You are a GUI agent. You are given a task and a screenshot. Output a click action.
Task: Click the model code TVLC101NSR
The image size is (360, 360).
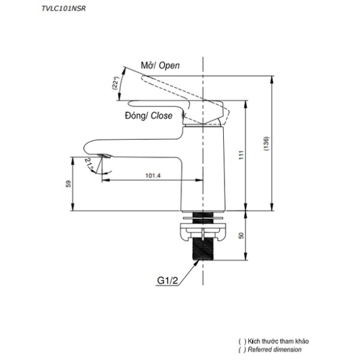[64, 9]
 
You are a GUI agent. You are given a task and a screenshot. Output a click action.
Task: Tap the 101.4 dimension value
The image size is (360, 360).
[153, 175]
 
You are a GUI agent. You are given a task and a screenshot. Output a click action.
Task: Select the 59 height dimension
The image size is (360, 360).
[69, 184]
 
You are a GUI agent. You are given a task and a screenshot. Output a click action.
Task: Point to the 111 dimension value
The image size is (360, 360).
[241, 155]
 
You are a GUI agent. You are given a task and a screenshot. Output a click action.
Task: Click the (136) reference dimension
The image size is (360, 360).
[266, 144]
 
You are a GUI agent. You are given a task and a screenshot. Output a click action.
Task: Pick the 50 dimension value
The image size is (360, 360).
[241, 236]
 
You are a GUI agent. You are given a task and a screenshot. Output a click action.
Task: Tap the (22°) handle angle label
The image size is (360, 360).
[116, 83]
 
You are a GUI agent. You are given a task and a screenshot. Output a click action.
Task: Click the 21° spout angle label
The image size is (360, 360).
[89, 164]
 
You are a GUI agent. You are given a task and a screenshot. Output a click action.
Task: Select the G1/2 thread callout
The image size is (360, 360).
[167, 280]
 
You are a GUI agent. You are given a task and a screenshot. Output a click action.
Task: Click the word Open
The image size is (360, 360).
[169, 66]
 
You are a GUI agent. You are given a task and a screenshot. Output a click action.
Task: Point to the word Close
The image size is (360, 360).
[161, 115]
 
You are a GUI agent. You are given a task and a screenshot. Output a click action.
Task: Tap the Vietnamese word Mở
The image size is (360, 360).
[147, 66]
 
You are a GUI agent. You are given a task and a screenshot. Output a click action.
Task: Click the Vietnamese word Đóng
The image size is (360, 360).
[135, 116]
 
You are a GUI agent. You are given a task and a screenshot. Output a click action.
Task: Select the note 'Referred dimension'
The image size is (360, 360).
[275, 350]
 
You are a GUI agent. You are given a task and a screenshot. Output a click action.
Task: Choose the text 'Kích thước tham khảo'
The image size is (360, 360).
[278, 341]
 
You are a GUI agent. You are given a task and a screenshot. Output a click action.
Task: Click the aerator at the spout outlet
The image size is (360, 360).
[105, 156]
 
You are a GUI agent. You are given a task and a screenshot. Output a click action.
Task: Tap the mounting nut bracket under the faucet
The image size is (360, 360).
[203, 232]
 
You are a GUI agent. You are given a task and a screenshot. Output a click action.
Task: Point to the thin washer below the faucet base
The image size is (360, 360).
[203, 218]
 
